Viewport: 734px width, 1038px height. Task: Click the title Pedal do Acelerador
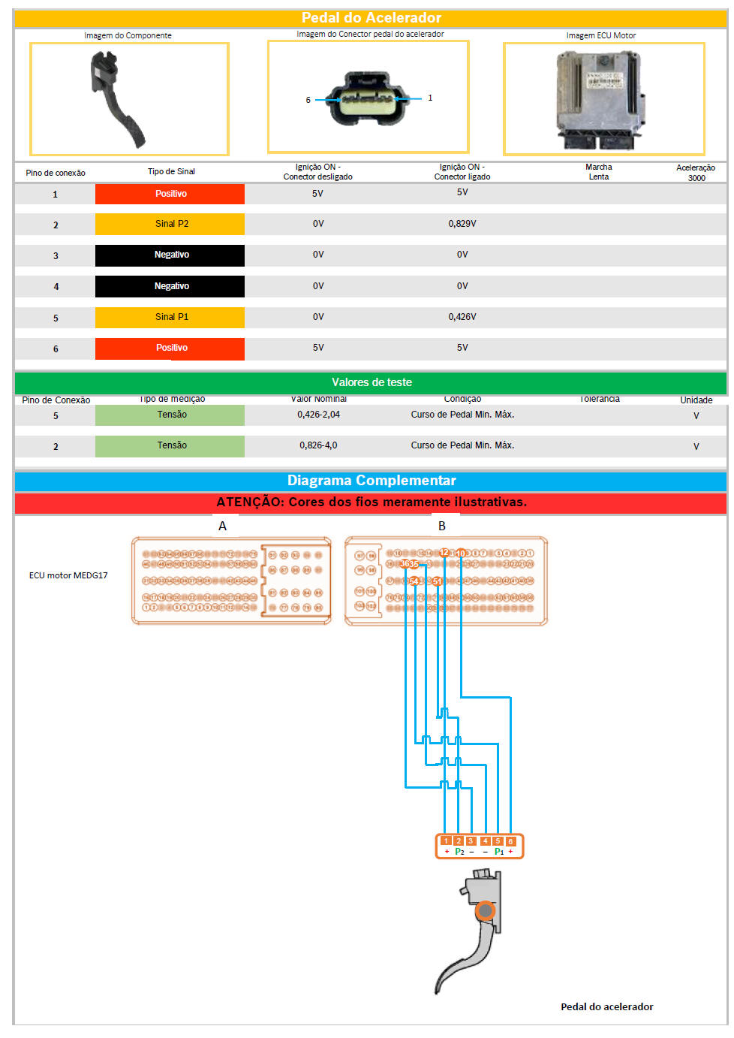click(371, 17)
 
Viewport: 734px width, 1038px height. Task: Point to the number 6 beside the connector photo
click(308, 100)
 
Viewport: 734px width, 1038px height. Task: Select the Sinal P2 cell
click(170, 224)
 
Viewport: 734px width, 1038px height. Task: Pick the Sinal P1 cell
click(170, 317)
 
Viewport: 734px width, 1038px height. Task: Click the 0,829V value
click(462, 224)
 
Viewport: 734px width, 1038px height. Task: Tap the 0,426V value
click(462, 317)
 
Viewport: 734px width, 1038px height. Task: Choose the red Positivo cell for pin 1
click(170, 194)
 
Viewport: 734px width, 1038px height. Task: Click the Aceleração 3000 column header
click(695, 173)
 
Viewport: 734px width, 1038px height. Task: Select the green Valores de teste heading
click(371, 382)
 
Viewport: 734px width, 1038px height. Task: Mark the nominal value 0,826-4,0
click(318, 445)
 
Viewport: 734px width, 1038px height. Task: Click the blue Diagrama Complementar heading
click(371, 481)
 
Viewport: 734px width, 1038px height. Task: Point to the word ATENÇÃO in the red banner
click(248, 502)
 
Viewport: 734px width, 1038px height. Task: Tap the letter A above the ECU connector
click(222, 526)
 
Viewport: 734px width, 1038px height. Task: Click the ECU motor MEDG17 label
click(68, 575)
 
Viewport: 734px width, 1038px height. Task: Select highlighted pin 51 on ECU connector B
click(437, 581)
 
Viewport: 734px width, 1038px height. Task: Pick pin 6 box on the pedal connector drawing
click(510, 841)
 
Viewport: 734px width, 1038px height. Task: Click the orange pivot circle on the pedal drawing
click(486, 911)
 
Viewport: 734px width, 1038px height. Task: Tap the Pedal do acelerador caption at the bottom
click(606, 1006)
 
